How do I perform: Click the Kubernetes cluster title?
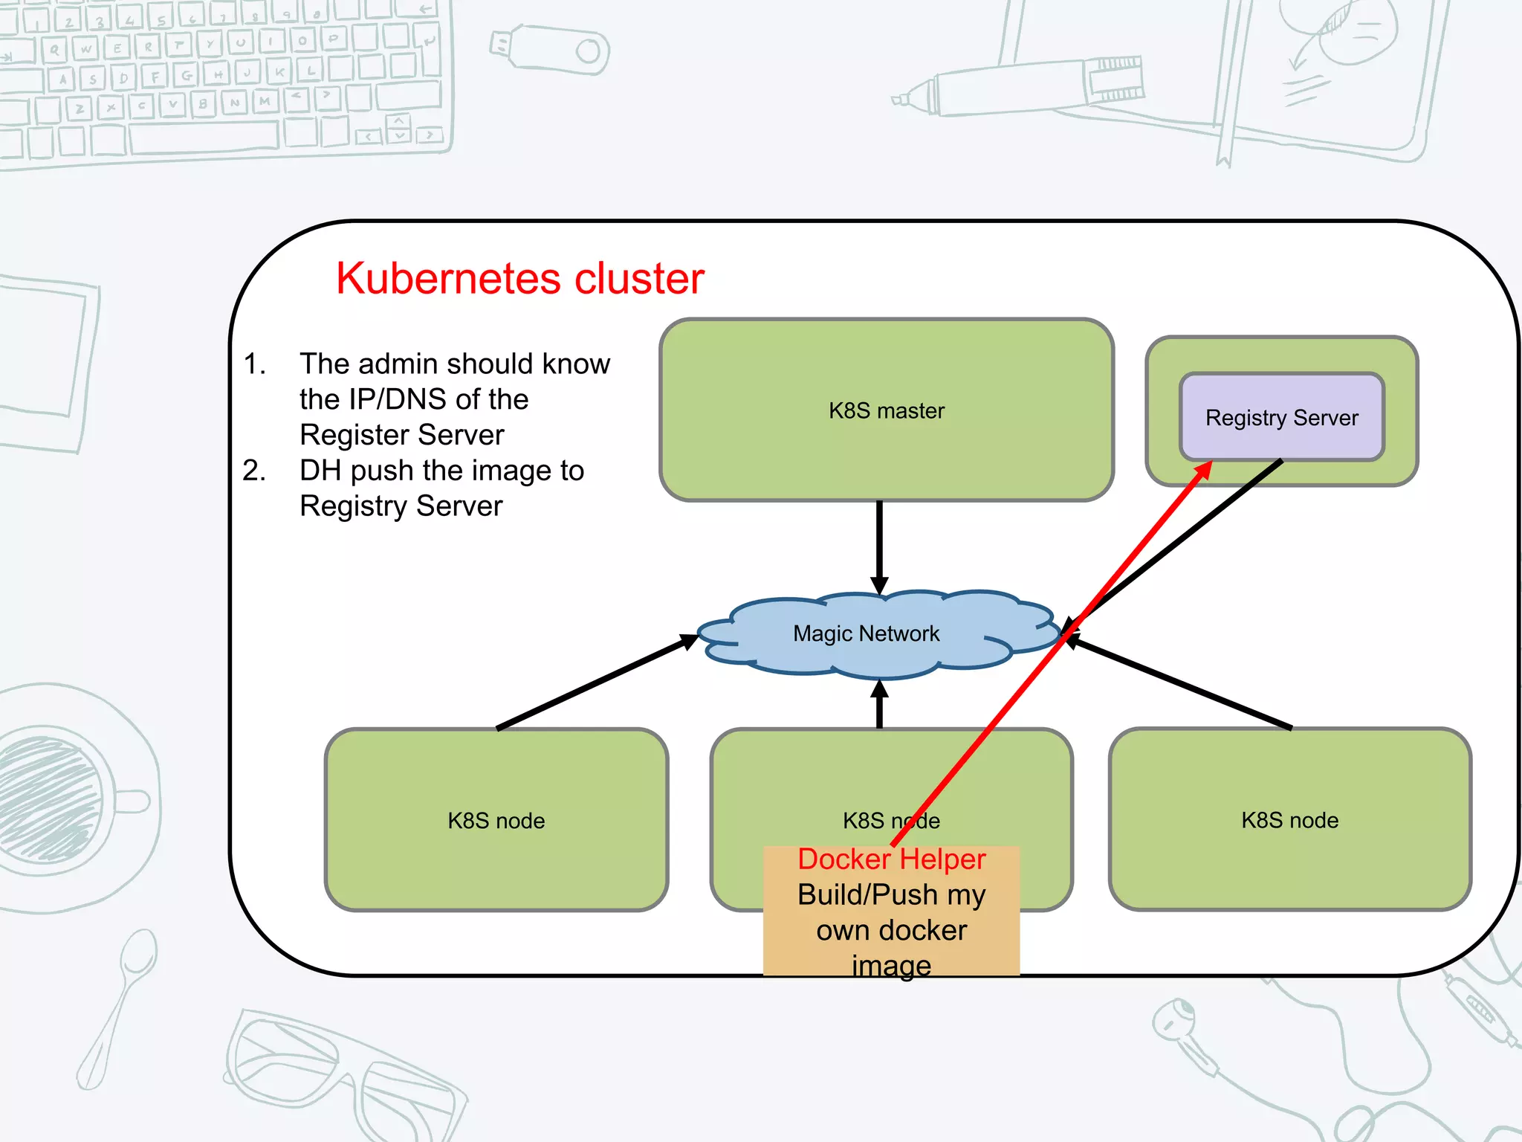click(519, 279)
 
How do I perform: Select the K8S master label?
click(886, 410)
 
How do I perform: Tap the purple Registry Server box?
click(1281, 417)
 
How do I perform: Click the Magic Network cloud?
click(866, 633)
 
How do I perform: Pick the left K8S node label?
click(496, 821)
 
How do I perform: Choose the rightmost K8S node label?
click(1289, 820)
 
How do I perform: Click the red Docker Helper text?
click(891, 859)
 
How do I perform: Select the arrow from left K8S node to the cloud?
click(595, 683)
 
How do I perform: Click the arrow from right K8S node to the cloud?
click(1182, 683)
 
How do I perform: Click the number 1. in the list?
click(254, 364)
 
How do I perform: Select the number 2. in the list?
click(254, 471)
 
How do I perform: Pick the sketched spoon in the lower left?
click(119, 1004)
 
